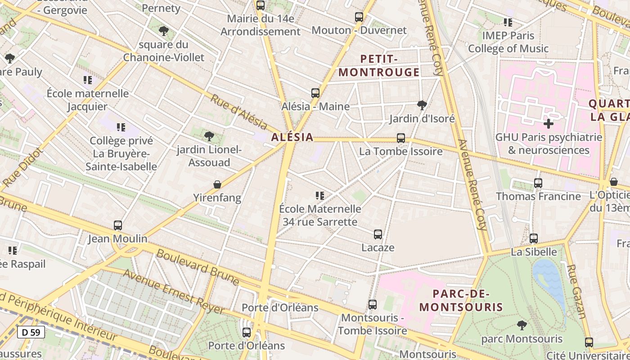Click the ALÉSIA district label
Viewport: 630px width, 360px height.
292,137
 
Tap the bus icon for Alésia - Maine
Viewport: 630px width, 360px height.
315,93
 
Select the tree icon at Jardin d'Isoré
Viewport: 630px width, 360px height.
422,105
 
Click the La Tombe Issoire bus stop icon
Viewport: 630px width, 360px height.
401,138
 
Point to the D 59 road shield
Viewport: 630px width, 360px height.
31,333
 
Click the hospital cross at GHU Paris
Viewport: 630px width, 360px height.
548,123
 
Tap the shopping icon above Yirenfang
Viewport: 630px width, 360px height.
217,184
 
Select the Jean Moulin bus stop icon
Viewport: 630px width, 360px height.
118,225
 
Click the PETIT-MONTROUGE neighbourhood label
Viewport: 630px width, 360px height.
379,66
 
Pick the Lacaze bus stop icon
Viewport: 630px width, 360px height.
378,234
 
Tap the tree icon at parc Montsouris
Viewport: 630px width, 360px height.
522,325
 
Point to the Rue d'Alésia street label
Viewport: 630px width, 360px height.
239,112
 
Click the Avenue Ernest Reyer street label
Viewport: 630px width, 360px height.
174,292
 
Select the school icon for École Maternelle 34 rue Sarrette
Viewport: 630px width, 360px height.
320,196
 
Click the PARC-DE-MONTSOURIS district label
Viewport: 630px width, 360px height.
461,301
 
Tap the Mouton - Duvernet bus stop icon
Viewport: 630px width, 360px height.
359,17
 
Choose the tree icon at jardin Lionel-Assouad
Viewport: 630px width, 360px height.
209,136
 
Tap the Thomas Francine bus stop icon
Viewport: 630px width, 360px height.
538,183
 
